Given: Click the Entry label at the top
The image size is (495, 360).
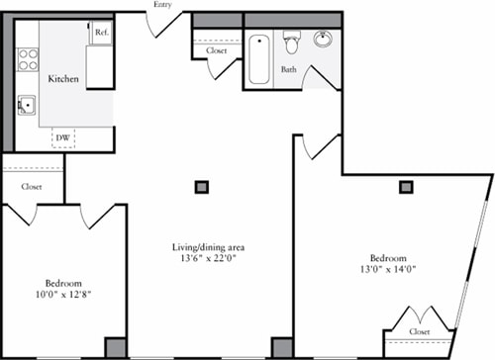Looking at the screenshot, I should [x=163, y=5].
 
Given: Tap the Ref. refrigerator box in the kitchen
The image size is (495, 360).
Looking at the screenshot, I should [x=100, y=33].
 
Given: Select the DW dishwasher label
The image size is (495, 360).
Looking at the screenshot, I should [x=62, y=136].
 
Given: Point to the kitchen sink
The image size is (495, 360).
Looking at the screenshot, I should [x=27, y=104].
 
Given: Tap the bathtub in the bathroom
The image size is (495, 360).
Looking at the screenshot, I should [x=258, y=58].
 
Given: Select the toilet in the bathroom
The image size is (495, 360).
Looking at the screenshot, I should [x=292, y=43].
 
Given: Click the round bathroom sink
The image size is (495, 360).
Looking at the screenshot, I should [x=324, y=41].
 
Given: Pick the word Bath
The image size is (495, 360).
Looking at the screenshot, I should [x=288, y=70].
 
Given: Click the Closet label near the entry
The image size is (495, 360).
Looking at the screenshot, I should [x=217, y=50].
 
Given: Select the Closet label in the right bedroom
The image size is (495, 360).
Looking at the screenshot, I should [x=421, y=332].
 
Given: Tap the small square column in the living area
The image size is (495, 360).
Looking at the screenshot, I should [x=202, y=185].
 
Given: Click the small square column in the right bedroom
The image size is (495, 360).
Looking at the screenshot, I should [x=406, y=185].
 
